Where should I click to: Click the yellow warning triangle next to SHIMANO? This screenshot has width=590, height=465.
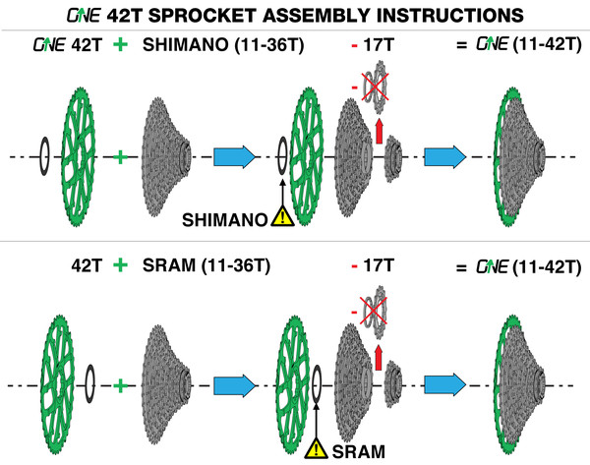(283, 220)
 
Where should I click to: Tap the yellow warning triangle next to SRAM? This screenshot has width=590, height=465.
(318, 449)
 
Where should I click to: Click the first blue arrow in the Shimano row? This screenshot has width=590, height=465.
(234, 155)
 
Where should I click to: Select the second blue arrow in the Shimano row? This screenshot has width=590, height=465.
(445, 155)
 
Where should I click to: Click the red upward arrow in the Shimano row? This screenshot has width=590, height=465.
(380, 129)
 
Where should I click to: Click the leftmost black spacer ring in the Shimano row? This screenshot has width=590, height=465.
(42, 155)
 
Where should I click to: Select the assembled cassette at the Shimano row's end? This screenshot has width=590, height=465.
(520, 155)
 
